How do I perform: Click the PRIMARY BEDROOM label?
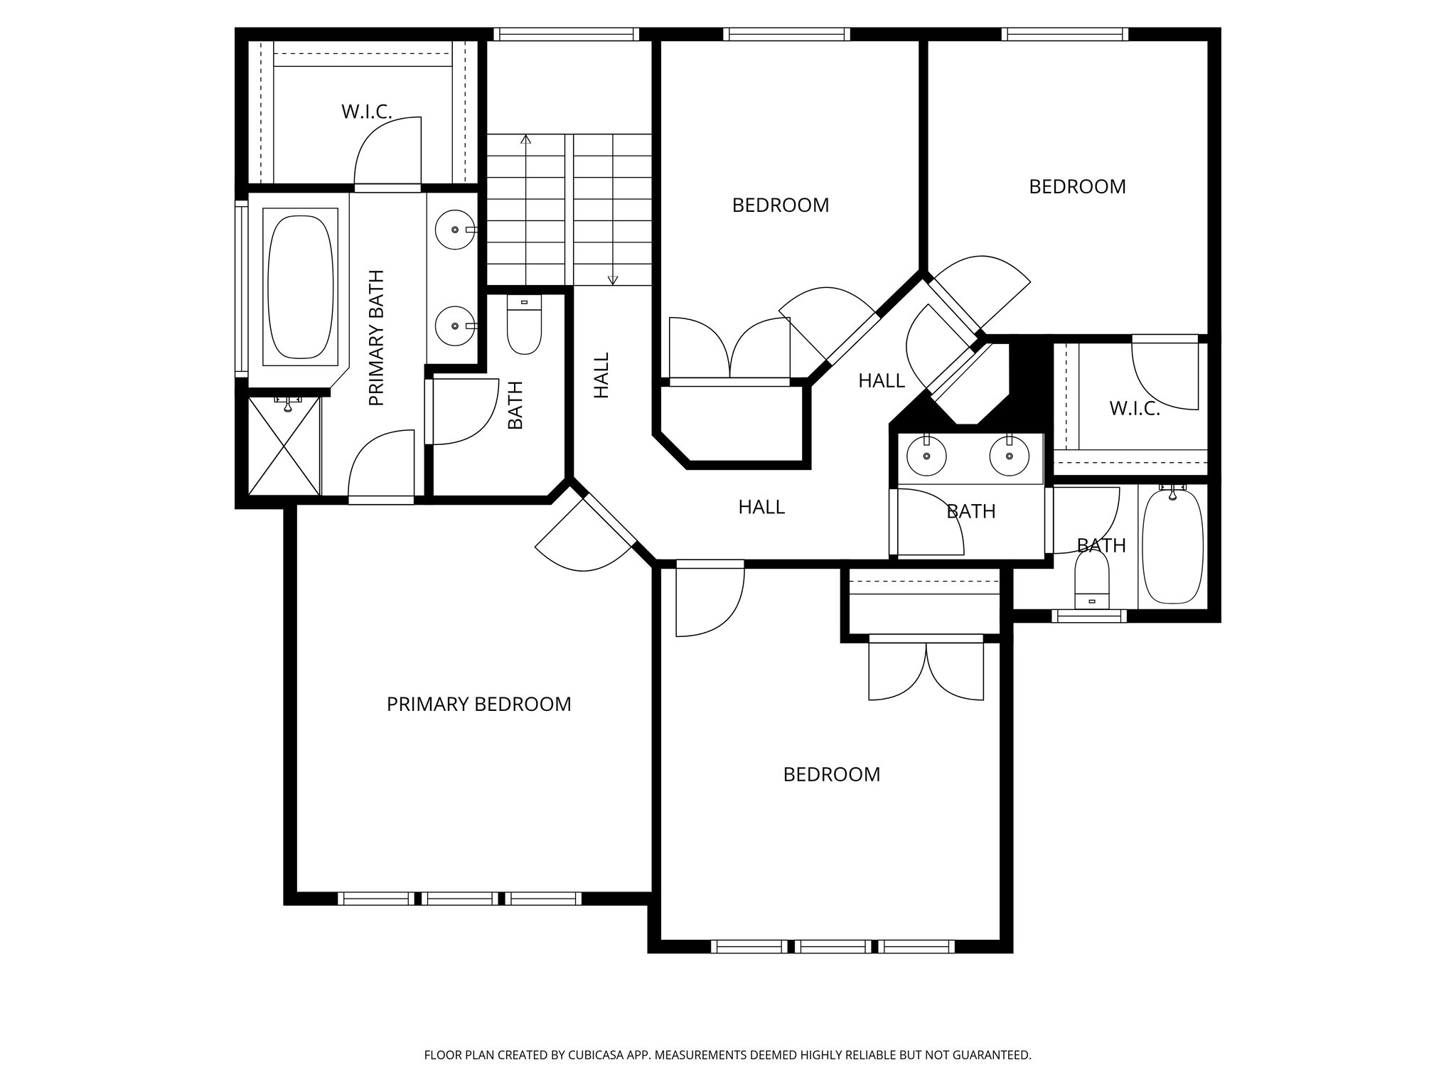pos(478,705)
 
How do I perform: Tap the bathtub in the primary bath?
pos(299,287)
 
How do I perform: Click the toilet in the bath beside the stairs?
pos(524,327)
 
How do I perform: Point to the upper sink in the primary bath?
pos(455,230)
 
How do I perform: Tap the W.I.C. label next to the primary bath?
pos(366,112)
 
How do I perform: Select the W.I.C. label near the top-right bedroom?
pos(1134,409)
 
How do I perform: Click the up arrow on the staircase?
pos(526,139)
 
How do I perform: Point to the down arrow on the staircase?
pos(613,279)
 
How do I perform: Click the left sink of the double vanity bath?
pos(926,455)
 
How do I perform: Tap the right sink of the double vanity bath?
pos(1009,455)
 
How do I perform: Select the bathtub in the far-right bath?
pos(1172,546)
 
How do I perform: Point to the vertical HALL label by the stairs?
pos(601,375)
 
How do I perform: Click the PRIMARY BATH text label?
pos(376,338)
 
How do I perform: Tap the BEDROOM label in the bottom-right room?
pos(831,775)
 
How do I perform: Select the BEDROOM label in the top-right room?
pos(1077,187)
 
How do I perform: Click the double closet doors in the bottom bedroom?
pos(926,671)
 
